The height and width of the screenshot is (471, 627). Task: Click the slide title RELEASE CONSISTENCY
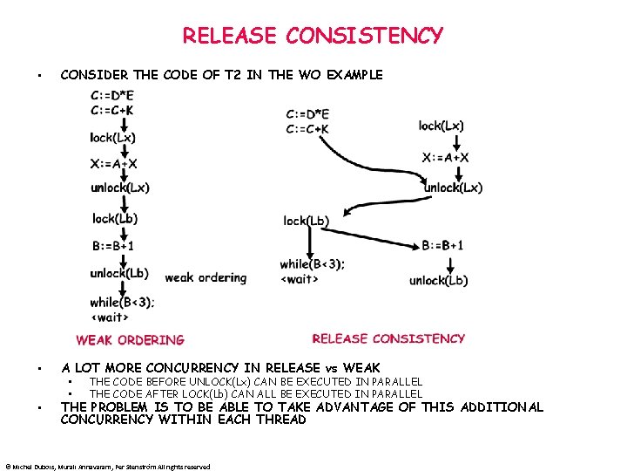click(313, 36)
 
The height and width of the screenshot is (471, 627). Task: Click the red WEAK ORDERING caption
click(130, 340)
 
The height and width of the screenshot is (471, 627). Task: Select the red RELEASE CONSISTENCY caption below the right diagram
click(388, 338)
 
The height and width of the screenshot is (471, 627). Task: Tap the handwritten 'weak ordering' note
click(206, 277)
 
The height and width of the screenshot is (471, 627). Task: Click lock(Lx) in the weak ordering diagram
click(113, 137)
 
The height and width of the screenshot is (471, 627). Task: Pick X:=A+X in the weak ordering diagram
click(114, 163)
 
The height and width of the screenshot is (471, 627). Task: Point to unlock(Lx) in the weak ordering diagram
click(120, 188)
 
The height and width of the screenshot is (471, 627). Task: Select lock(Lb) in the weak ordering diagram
click(115, 218)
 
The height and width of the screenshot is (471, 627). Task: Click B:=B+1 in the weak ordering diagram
click(113, 246)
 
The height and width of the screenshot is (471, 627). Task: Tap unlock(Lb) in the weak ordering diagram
click(119, 273)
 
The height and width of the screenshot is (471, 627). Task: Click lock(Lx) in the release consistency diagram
click(442, 126)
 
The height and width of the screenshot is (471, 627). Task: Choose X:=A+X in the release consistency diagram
click(446, 157)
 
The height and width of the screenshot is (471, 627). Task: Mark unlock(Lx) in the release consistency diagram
click(453, 188)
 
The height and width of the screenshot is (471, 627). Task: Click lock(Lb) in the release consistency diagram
click(306, 221)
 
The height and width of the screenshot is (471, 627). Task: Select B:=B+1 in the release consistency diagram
click(443, 245)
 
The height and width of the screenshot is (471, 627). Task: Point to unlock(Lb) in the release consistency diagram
click(438, 280)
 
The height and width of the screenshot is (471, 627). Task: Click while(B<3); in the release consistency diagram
click(312, 264)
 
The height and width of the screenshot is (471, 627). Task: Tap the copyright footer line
click(107, 467)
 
